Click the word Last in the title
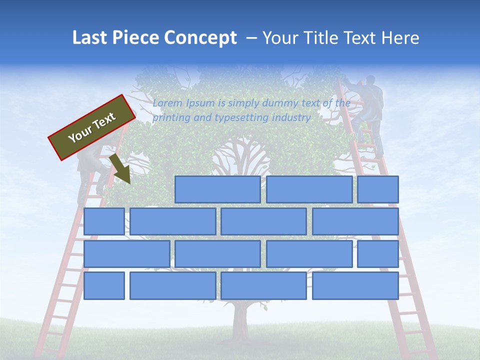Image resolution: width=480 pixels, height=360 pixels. click(x=89, y=38)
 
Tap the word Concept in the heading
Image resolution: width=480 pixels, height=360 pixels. click(x=200, y=38)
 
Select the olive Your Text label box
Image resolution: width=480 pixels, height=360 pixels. click(x=92, y=127)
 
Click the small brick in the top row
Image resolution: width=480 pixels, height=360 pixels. click(x=378, y=189)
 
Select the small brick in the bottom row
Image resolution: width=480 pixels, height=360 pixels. click(x=104, y=285)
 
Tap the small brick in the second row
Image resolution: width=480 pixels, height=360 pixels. click(x=104, y=221)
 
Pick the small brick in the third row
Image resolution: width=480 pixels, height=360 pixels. click(x=378, y=253)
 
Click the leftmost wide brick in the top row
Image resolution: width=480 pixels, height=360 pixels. click(x=217, y=189)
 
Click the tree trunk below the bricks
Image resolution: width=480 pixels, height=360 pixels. click(x=241, y=320)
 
